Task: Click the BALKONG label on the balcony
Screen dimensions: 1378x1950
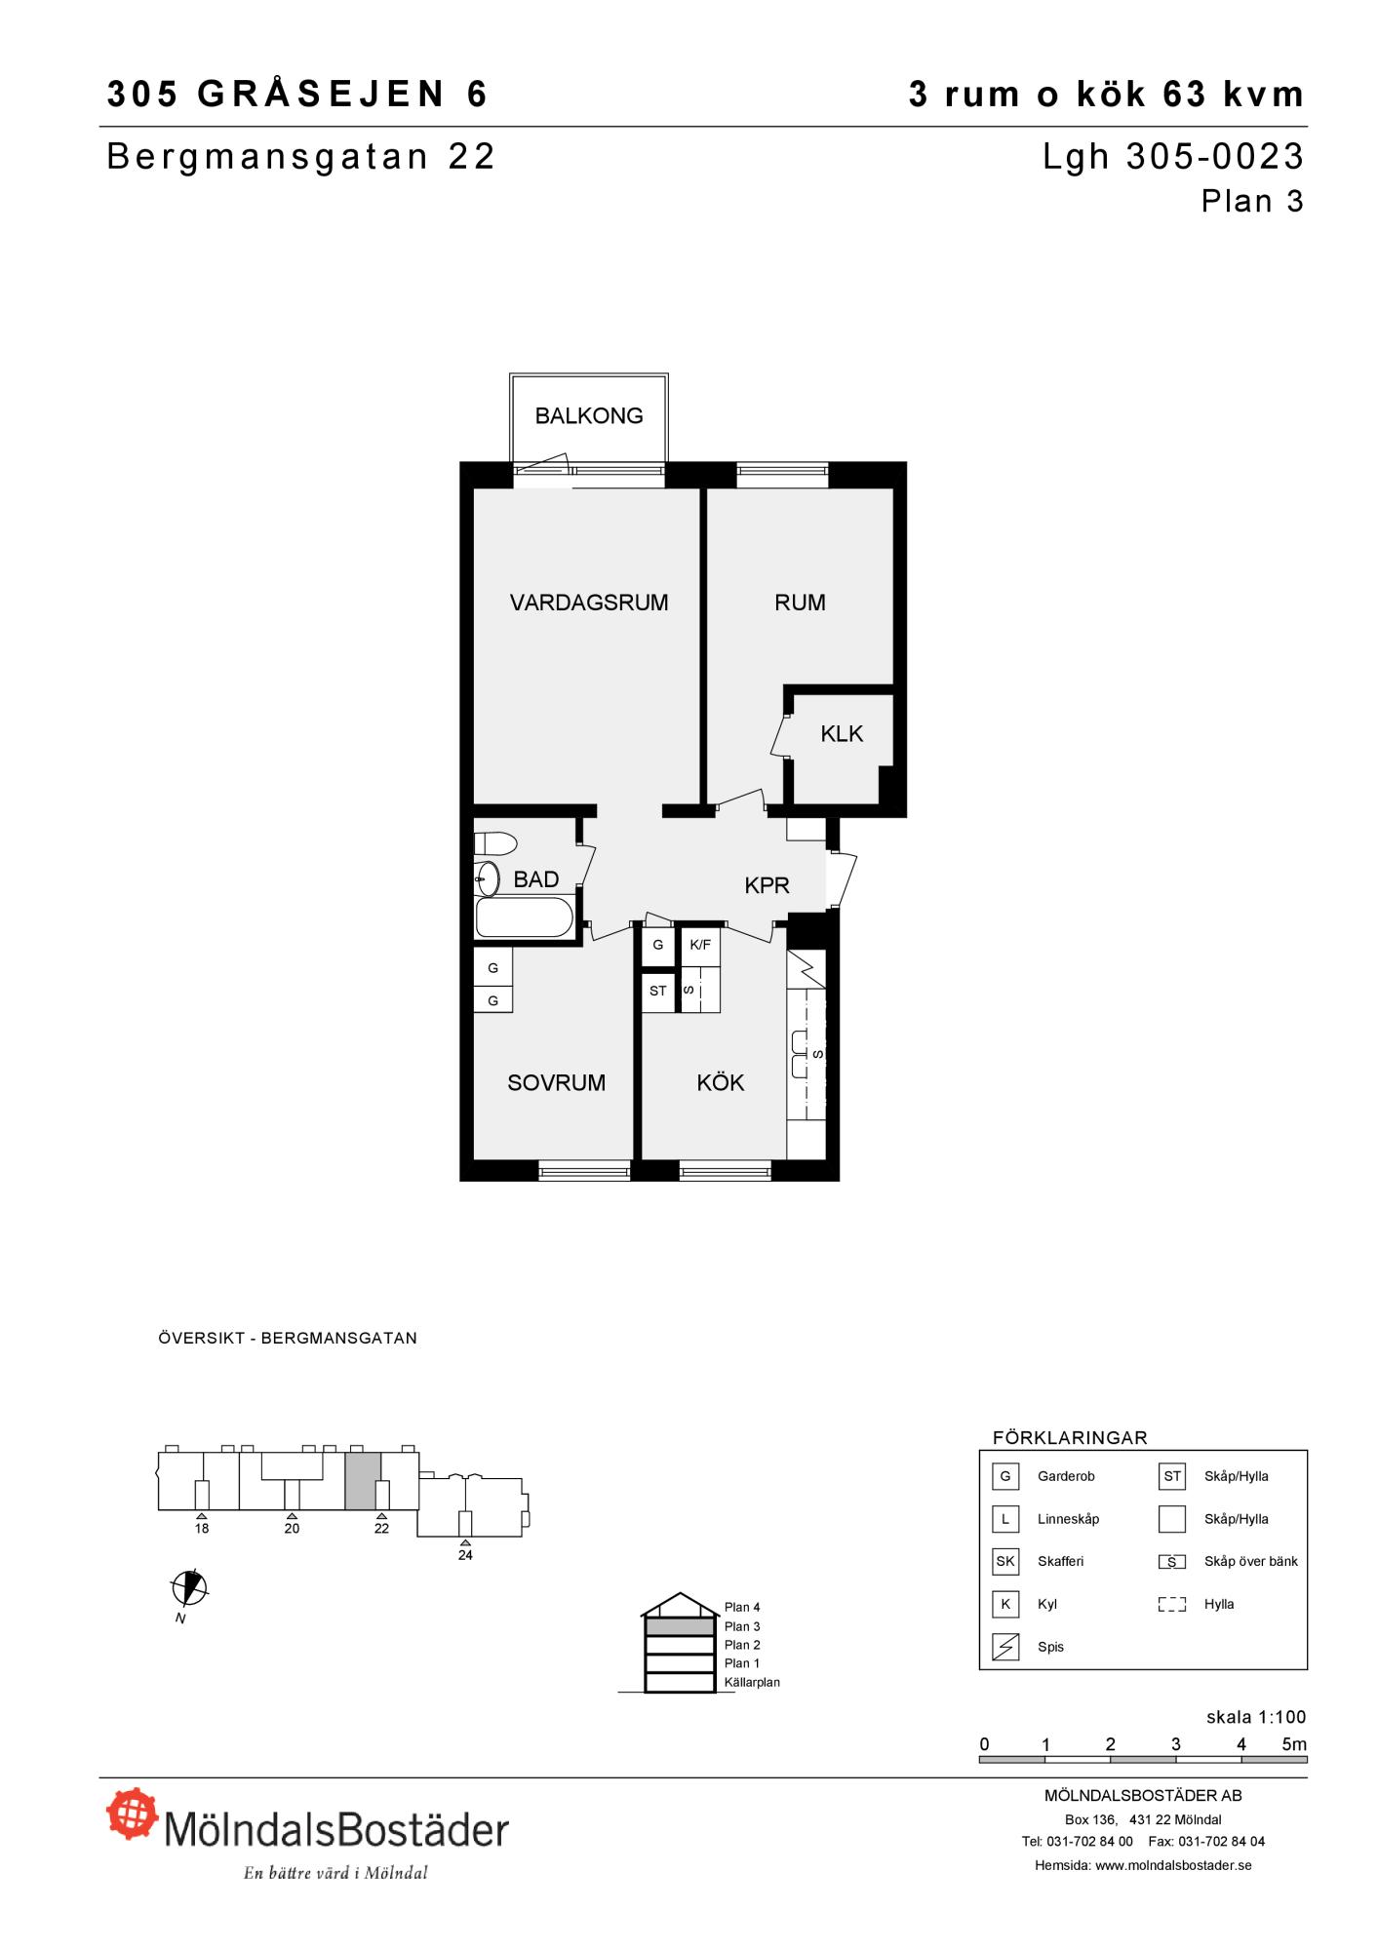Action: (589, 416)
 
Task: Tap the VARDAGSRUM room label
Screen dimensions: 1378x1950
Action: (589, 603)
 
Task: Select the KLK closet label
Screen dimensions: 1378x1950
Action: (842, 734)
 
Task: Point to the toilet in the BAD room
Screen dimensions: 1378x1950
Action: (495, 842)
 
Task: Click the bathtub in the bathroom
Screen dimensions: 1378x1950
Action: (524, 917)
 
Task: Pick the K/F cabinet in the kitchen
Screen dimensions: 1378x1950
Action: (700, 945)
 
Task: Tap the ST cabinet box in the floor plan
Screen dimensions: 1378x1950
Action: (658, 992)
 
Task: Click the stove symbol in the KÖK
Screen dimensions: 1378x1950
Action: (807, 969)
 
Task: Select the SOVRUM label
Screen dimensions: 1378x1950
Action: (556, 1083)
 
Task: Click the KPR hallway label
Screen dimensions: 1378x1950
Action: (767, 885)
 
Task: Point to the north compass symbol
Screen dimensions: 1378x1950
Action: (189, 1588)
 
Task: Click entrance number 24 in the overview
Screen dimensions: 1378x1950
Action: (465, 1555)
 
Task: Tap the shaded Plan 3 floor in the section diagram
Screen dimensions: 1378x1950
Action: (679, 1626)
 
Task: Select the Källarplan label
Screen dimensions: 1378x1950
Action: (752, 1682)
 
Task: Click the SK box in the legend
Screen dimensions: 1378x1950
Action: (1005, 1562)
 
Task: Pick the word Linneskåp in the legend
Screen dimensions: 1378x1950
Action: (1068, 1519)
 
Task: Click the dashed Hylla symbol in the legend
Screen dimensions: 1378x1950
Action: (1172, 1605)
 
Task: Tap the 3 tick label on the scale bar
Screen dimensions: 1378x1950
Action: (1176, 1744)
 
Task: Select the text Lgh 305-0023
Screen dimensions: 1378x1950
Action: (1173, 157)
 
